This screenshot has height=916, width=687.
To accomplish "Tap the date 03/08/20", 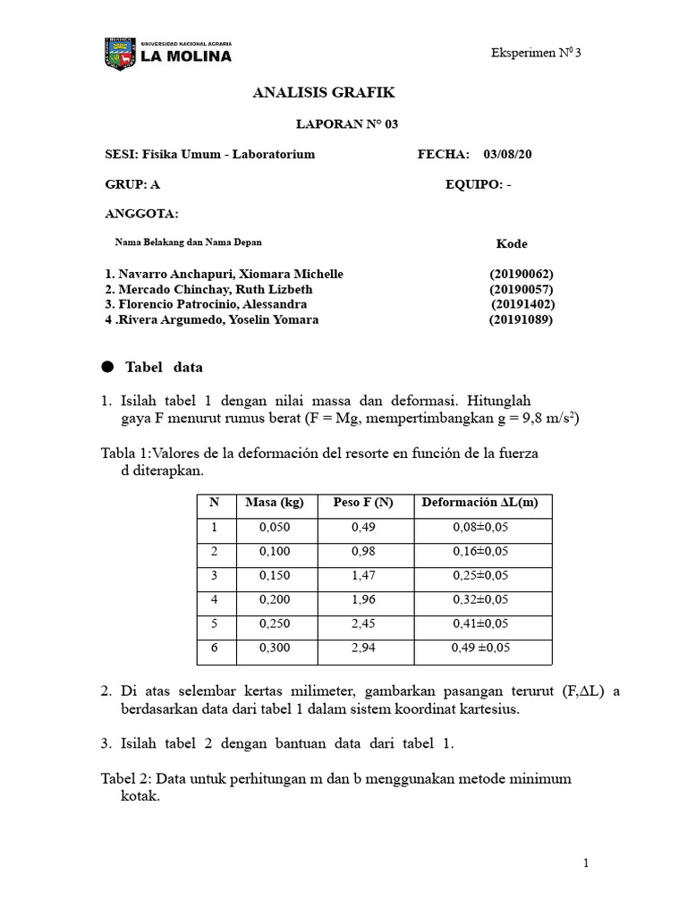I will coord(507,155).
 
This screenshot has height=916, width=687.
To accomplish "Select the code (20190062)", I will coord(521,274).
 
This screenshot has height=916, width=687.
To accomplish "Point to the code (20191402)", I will coord(522,304).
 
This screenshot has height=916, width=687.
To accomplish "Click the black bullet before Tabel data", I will coord(108,367).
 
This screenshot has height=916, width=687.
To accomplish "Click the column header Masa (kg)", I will coord(275,503).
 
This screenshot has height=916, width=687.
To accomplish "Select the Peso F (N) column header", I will coord(363,503).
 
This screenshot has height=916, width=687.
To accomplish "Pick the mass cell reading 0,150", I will coord(275,575).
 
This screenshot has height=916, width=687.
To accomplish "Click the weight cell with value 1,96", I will coord(363,599).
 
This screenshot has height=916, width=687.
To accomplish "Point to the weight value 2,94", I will coord(363,648).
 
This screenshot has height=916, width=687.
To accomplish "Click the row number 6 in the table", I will coord(215,648).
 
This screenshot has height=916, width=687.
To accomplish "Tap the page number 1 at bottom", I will coord(585,863).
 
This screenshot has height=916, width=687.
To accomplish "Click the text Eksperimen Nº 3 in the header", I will coord(536,53).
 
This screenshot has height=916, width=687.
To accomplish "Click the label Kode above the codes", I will coord(512,243).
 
